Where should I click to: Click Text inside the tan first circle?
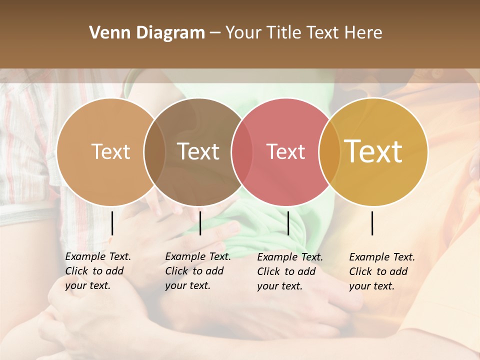point(110,152)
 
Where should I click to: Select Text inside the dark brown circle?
point(198,152)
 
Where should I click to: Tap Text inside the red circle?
point(285,152)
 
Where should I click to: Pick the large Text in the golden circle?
point(373,151)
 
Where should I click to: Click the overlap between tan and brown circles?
point(154,152)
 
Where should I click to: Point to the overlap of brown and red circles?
point(242,152)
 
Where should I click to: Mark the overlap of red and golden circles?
point(329,152)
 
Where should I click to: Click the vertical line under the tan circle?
point(112,223)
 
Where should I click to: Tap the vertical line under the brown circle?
point(200,223)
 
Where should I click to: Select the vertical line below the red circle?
point(288,223)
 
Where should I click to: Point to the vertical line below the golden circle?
point(372,223)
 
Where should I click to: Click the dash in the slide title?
point(215,33)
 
